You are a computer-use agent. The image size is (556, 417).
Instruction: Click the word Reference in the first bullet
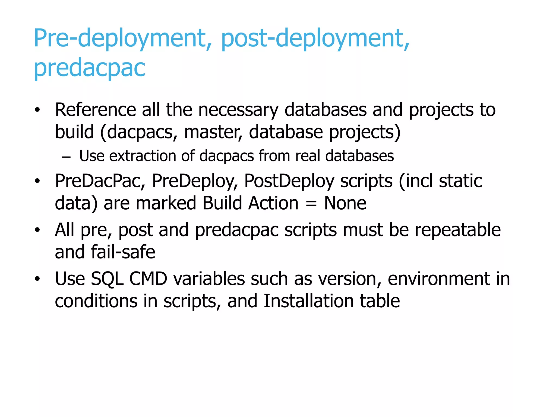(95, 110)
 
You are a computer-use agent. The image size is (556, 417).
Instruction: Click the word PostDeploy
(289, 181)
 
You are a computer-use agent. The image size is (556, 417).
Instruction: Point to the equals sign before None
(311, 204)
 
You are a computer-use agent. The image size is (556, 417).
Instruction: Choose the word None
(345, 203)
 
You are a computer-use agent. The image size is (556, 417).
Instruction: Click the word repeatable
(458, 230)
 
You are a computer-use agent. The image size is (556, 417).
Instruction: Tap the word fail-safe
(123, 252)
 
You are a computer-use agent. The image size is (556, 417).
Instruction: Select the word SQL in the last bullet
(107, 279)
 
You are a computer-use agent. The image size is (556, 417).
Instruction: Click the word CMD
(148, 279)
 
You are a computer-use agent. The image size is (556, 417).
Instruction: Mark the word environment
(439, 279)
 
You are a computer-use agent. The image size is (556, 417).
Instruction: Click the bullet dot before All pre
(37, 230)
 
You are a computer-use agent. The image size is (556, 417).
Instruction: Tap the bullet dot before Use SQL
(37, 279)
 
